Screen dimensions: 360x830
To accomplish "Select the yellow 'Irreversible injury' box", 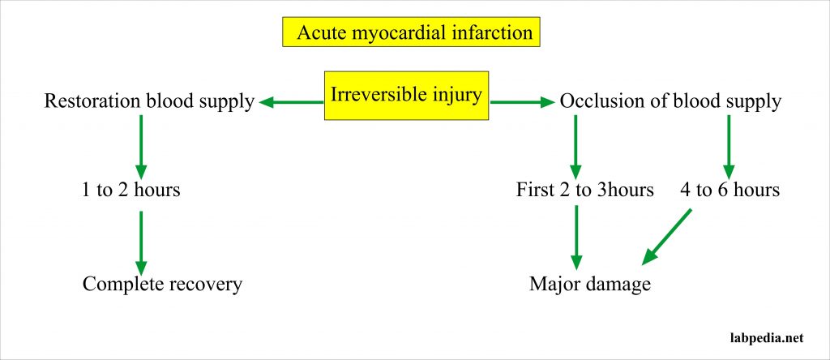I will (x=406, y=96).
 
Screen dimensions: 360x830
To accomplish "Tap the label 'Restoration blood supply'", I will (x=149, y=101).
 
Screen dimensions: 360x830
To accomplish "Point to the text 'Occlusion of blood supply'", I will (x=670, y=101).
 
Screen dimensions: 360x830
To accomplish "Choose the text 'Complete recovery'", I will (x=162, y=285).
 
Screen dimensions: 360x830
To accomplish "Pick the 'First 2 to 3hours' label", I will (x=584, y=191).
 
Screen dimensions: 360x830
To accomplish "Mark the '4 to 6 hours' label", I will (x=729, y=191).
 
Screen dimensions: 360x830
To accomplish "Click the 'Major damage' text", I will (x=590, y=285).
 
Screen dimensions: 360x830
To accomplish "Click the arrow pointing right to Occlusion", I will (x=522, y=102).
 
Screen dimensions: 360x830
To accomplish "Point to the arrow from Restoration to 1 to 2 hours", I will (x=141, y=146).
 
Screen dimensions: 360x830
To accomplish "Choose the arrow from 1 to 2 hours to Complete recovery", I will (x=141, y=242).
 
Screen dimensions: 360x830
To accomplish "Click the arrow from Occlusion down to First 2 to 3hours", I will (x=575, y=146).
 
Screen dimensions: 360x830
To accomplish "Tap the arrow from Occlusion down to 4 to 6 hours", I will (x=728, y=146).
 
